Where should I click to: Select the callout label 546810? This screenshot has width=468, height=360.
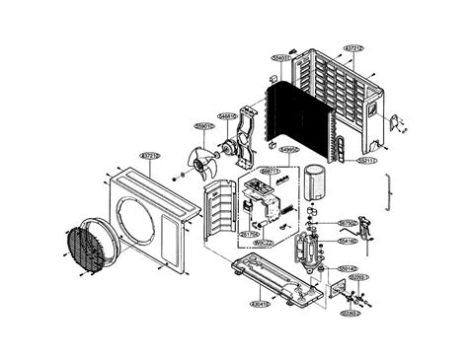(227, 116)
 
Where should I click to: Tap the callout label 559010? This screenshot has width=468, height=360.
(204, 126)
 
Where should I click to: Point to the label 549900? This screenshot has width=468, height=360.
(288, 150)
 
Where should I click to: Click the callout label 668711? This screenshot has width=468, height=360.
(269, 171)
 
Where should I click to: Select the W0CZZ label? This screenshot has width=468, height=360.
(262, 243)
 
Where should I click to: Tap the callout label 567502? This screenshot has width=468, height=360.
(347, 223)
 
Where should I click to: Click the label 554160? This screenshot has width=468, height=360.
(347, 240)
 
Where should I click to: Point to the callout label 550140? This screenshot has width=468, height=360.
(347, 267)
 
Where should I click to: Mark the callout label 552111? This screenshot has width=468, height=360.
(367, 160)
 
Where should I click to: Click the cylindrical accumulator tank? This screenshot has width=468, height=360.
(317, 182)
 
